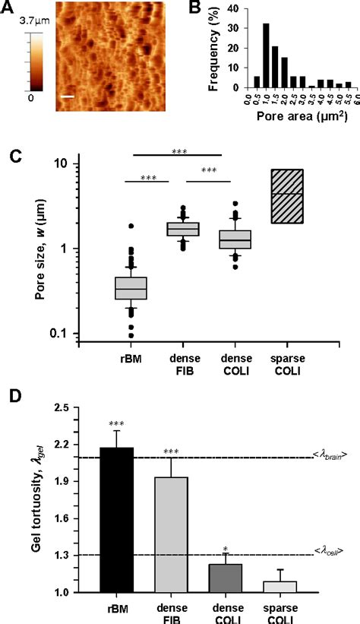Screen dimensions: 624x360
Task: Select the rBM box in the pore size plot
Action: click(131, 289)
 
